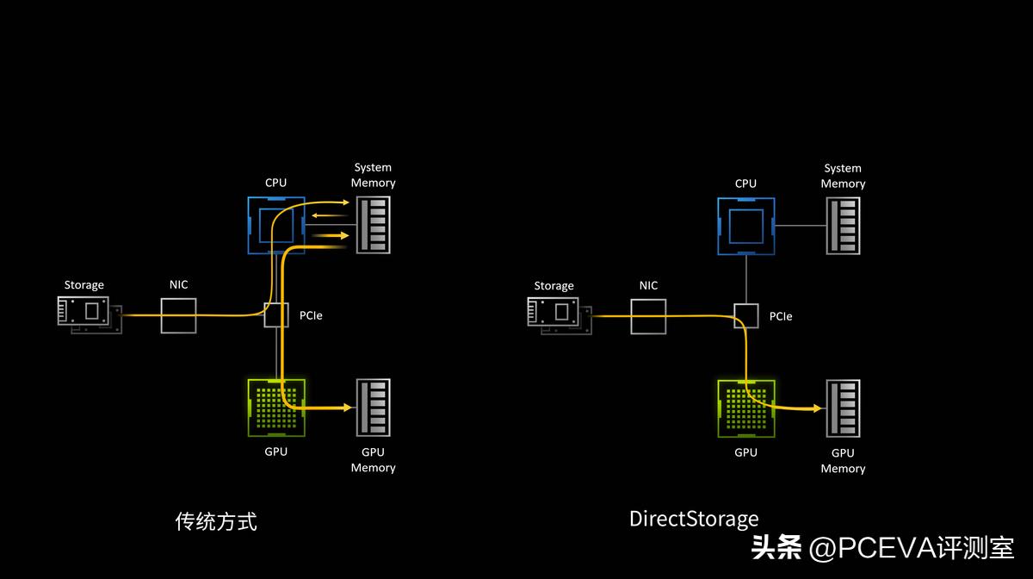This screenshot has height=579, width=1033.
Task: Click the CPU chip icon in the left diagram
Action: tap(276, 226)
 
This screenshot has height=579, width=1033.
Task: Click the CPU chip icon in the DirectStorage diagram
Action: tap(746, 226)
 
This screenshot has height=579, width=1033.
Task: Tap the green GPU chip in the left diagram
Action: tap(276, 408)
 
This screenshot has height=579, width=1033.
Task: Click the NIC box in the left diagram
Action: tap(179, 315)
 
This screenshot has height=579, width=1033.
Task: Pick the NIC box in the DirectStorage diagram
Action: tap(648, 316)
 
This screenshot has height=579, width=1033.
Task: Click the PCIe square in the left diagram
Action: tap(276, 315)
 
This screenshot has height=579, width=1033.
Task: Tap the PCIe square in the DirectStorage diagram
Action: tap(746, 316)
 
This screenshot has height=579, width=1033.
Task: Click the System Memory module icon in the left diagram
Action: tap(374, 225)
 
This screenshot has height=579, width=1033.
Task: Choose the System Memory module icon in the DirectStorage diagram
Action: tap(843, 226)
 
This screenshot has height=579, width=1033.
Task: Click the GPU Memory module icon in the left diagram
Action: tap(374, 408)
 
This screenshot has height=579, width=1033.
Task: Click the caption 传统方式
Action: tap(216, 521)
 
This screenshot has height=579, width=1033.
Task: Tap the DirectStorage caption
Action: tap(694, 519)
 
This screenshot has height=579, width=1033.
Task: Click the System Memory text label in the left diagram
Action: tap(373, 175)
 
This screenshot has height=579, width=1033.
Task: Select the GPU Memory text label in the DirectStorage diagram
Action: tap(843, 460)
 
